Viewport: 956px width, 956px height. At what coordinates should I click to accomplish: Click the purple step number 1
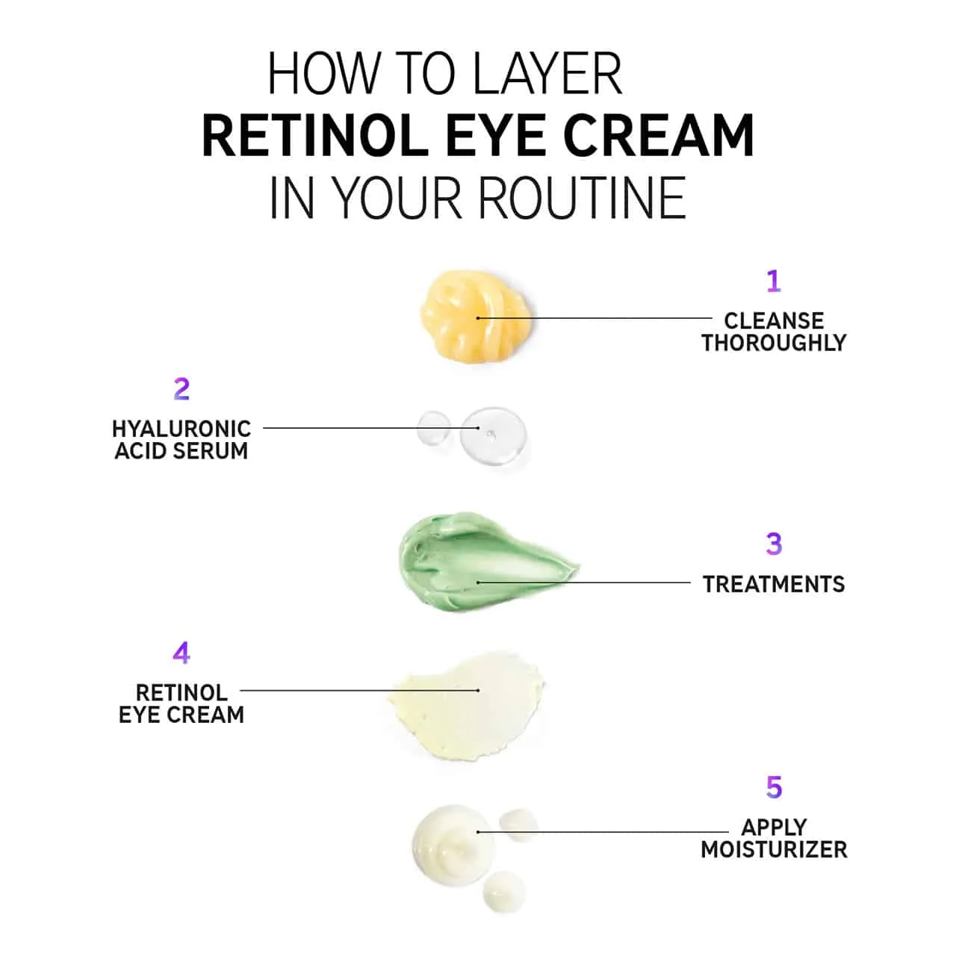click(x=774, y=282)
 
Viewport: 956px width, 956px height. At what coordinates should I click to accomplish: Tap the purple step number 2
click(x=181, y=389)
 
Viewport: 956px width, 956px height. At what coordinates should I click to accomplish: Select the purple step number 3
click(x=774, y=544)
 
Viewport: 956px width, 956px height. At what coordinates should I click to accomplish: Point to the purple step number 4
click(x=181, y=653)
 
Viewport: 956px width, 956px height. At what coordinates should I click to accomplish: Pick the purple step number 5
click(x=774, y=787)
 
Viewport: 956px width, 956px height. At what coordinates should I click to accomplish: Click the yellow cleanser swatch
click(x=477, y=317)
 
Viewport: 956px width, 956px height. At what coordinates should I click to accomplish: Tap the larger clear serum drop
click(x=493, y=436)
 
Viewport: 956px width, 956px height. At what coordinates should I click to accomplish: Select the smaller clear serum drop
click(x=434, y=427)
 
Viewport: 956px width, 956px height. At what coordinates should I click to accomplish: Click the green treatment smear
click(x=484, y=562)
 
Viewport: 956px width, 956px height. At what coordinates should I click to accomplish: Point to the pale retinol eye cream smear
click(x=466, y=707)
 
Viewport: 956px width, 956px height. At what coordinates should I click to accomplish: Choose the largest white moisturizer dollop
click(x=453, y=845)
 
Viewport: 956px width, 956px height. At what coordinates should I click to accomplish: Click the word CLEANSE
click(x=774, y=321)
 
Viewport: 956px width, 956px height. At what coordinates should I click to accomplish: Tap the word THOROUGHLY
click(x=774, y=343)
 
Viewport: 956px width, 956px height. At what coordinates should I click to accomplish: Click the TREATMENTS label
click(x=774, y=584)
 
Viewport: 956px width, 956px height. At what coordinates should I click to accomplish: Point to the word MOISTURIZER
click(x=774, y=849)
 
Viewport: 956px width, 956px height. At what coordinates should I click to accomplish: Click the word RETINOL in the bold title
click(x=315, y=135)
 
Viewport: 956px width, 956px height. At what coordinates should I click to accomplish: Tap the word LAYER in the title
click(x=547, y=73)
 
